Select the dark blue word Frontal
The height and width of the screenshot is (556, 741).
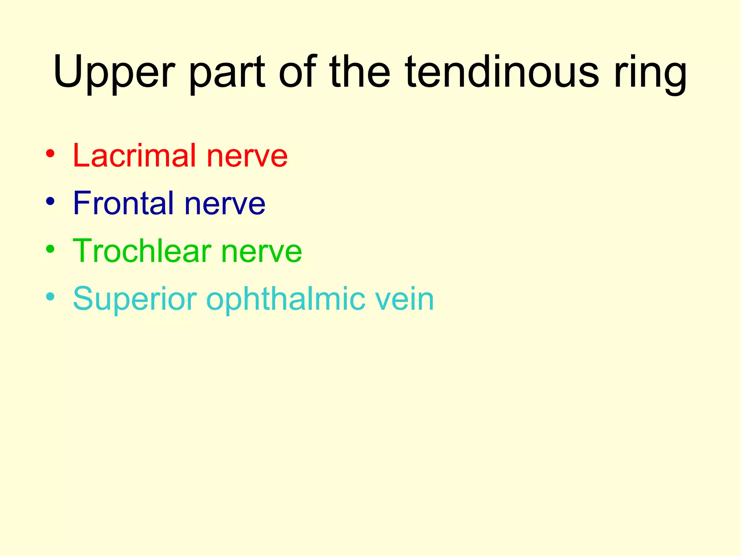coord(123,203)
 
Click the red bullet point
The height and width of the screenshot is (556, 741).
coord(50,153)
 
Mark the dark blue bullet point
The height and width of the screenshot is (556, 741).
coord(50,201)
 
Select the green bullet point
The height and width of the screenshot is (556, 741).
coord(50,249)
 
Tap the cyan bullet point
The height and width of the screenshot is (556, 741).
coord(50,297)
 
